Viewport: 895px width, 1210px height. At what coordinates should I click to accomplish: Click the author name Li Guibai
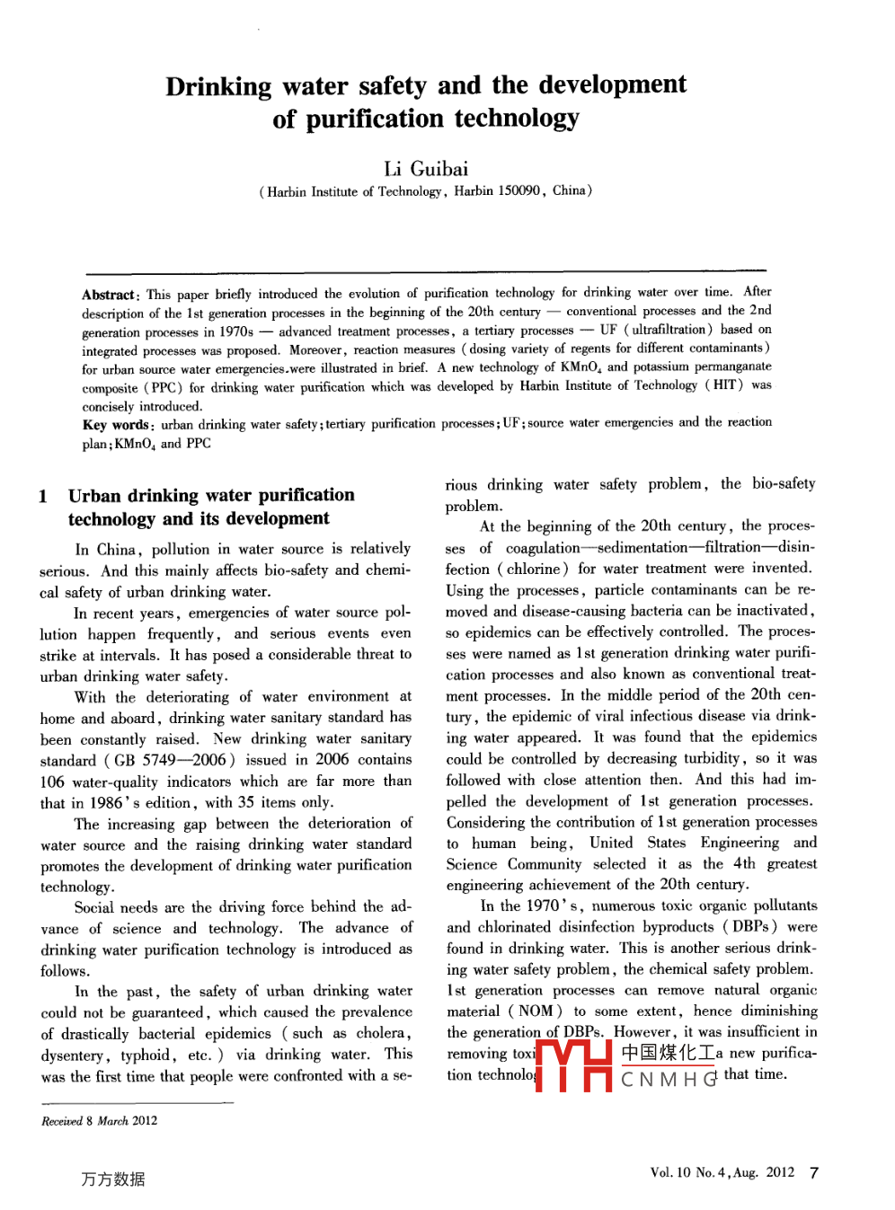click(x=426, y=169)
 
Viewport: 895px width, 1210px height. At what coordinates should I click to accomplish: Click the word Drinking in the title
click(x=218, y=86)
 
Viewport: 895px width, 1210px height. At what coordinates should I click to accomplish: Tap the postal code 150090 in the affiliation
click(x=519, y=190)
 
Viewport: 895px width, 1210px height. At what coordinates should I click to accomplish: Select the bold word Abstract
click(x=108, y=295)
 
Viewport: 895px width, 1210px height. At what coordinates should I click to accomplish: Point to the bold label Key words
click(x=116, y=425)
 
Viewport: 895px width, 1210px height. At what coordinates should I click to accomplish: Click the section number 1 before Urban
click(x=43, y=496)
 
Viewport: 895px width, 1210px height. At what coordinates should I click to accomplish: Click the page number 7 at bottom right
click(x=814, y=1172)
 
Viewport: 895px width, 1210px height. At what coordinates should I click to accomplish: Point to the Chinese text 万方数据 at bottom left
click(x=113, y=1179)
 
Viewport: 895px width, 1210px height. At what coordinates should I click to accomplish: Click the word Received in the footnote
click(x=61, y=1121)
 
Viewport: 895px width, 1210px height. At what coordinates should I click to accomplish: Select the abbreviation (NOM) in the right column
click(x=535, y=1011)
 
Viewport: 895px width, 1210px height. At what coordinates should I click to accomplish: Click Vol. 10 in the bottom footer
click(x=670, y=1172)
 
